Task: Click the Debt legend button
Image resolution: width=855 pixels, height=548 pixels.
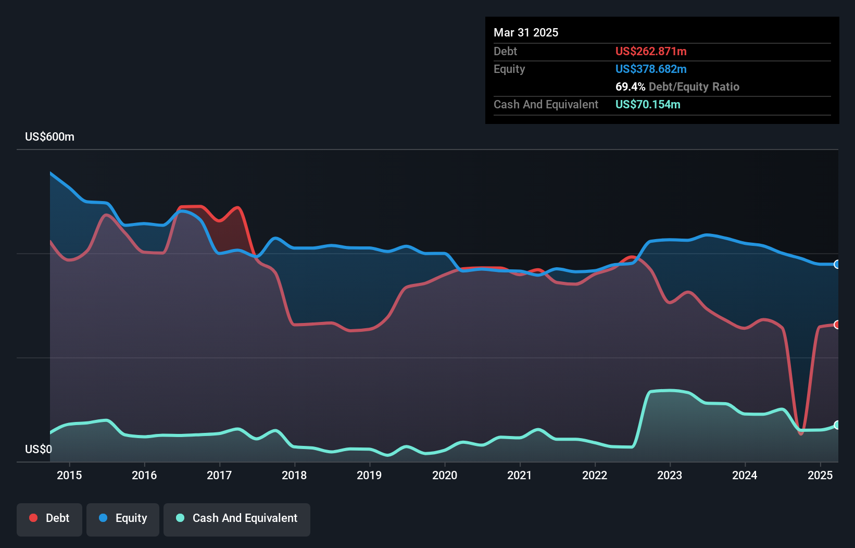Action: click(49, 519)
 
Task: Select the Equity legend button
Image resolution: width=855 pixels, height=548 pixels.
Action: click(123, 519)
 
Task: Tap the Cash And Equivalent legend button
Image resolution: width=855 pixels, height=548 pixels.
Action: click(237, 519)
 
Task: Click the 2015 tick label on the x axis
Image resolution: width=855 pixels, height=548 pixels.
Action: click(69, 475)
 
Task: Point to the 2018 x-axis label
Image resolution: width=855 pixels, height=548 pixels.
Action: click(294, 475)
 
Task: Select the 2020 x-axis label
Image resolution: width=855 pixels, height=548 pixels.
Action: click(445, 475)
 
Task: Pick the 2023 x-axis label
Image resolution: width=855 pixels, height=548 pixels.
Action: click(670, 475)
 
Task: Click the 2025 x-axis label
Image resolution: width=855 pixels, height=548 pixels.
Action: click(820, 475)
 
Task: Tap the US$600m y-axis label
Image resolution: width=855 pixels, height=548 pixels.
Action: click(49, 137)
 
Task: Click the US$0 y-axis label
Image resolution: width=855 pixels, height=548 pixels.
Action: click(39, 449)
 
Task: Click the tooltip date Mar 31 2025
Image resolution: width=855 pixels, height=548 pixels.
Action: click(526, 33)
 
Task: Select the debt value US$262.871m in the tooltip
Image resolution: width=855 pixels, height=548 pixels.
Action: click(651, 52)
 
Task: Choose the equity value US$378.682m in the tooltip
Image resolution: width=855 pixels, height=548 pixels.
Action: click(651, 69)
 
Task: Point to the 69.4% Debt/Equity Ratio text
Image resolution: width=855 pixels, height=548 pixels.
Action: click(677, 87)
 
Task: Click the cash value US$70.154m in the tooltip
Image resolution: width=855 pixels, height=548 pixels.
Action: click(648, 105)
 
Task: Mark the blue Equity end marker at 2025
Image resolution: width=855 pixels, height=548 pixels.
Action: click(837, 265)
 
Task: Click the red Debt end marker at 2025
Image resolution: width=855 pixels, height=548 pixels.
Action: click(837, 325)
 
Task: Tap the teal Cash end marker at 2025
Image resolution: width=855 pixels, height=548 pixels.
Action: click(837, 425)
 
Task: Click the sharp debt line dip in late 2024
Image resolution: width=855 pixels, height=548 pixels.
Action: click(801, 433)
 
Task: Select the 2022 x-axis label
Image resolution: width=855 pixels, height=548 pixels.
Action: click(595, 475)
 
